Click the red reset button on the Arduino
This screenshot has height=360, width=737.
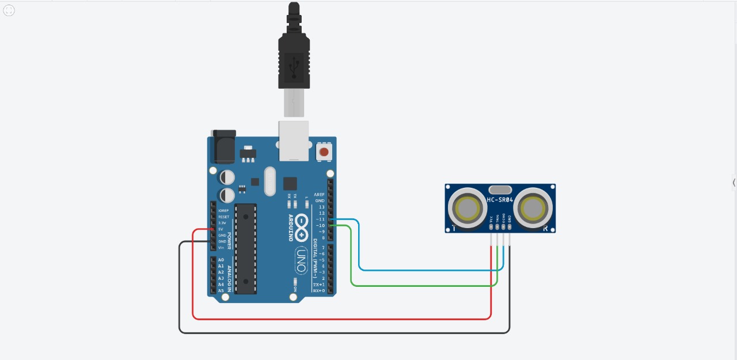click(x=324, y=152)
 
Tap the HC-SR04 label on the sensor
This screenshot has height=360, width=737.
click(x=500, y=199)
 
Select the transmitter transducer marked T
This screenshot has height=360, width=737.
click(x=467, y=208)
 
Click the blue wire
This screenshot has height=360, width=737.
click(x=426, y=269)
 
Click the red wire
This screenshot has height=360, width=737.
click(x=345, y=318)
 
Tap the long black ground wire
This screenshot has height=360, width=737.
click(x=345, y=332)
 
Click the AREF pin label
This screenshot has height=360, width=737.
click(x=320, y=195)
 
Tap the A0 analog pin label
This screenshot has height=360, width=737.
click(x=221, y=260)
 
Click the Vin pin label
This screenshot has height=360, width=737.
click(x=221, y=247)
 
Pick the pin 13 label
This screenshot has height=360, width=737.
click(x=322, y=207)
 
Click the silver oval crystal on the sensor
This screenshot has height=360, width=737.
click(x=500, y=190)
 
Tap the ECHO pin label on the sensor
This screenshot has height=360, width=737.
click(x=503, y=219)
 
